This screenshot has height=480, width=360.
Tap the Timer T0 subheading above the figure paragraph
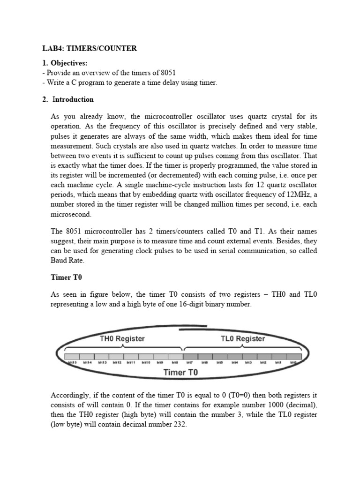[66, 277]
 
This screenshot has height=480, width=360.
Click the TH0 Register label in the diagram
[123, 338]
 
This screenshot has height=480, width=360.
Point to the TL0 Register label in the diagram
[242, 338]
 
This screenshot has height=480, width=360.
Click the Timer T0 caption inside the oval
[180, 373]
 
